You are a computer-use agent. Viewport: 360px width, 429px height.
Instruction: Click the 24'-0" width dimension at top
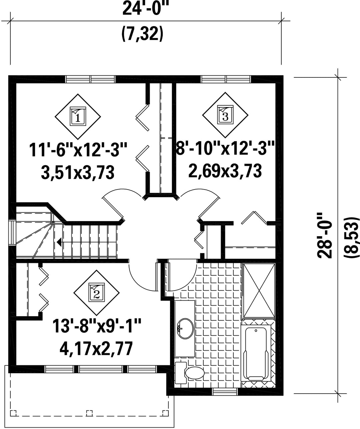coord(145,8)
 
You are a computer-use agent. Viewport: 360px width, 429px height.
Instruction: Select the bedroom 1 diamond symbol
coord(78,116)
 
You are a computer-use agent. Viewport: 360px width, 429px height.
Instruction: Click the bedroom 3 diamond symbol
coord(225,115)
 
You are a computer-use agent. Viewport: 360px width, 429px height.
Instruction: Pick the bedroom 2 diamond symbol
coord(96,293)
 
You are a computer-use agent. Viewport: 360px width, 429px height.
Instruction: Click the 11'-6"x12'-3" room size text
coord(78,150)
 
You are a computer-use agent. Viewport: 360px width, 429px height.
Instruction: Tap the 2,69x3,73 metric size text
coord(225,170)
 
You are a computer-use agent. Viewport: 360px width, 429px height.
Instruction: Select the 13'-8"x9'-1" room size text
coord(97,326)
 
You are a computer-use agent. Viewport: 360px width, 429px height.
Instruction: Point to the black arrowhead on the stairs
coord(59,242)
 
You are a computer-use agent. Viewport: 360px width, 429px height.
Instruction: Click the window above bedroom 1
coord(90,79)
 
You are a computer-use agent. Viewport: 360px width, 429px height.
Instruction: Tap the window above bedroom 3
coord(226,79)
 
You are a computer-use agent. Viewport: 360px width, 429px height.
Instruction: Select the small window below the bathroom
coord(225,392)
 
